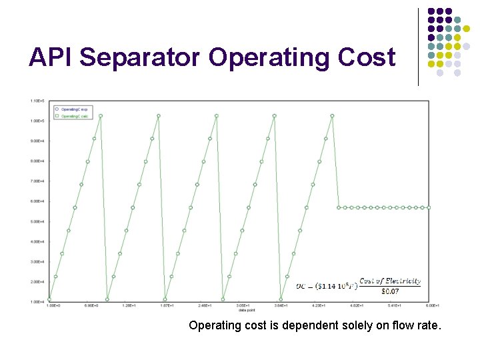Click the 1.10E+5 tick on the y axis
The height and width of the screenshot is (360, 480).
click(37, 101)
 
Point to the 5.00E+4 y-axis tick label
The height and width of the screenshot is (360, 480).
click(37, 221)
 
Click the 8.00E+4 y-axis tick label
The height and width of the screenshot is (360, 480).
click(37, 161)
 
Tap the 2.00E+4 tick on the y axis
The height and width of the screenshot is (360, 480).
click(37, 281)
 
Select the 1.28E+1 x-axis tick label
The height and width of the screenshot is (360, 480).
click(129, 306)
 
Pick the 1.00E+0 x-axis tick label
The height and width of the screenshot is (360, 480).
click(53, 306)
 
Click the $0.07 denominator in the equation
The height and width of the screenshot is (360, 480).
click(390, 290)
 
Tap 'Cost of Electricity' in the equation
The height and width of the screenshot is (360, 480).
click(390, 281)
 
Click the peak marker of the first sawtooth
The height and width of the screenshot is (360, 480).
click(101, 115)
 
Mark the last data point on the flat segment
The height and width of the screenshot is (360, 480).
click(429, 207)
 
